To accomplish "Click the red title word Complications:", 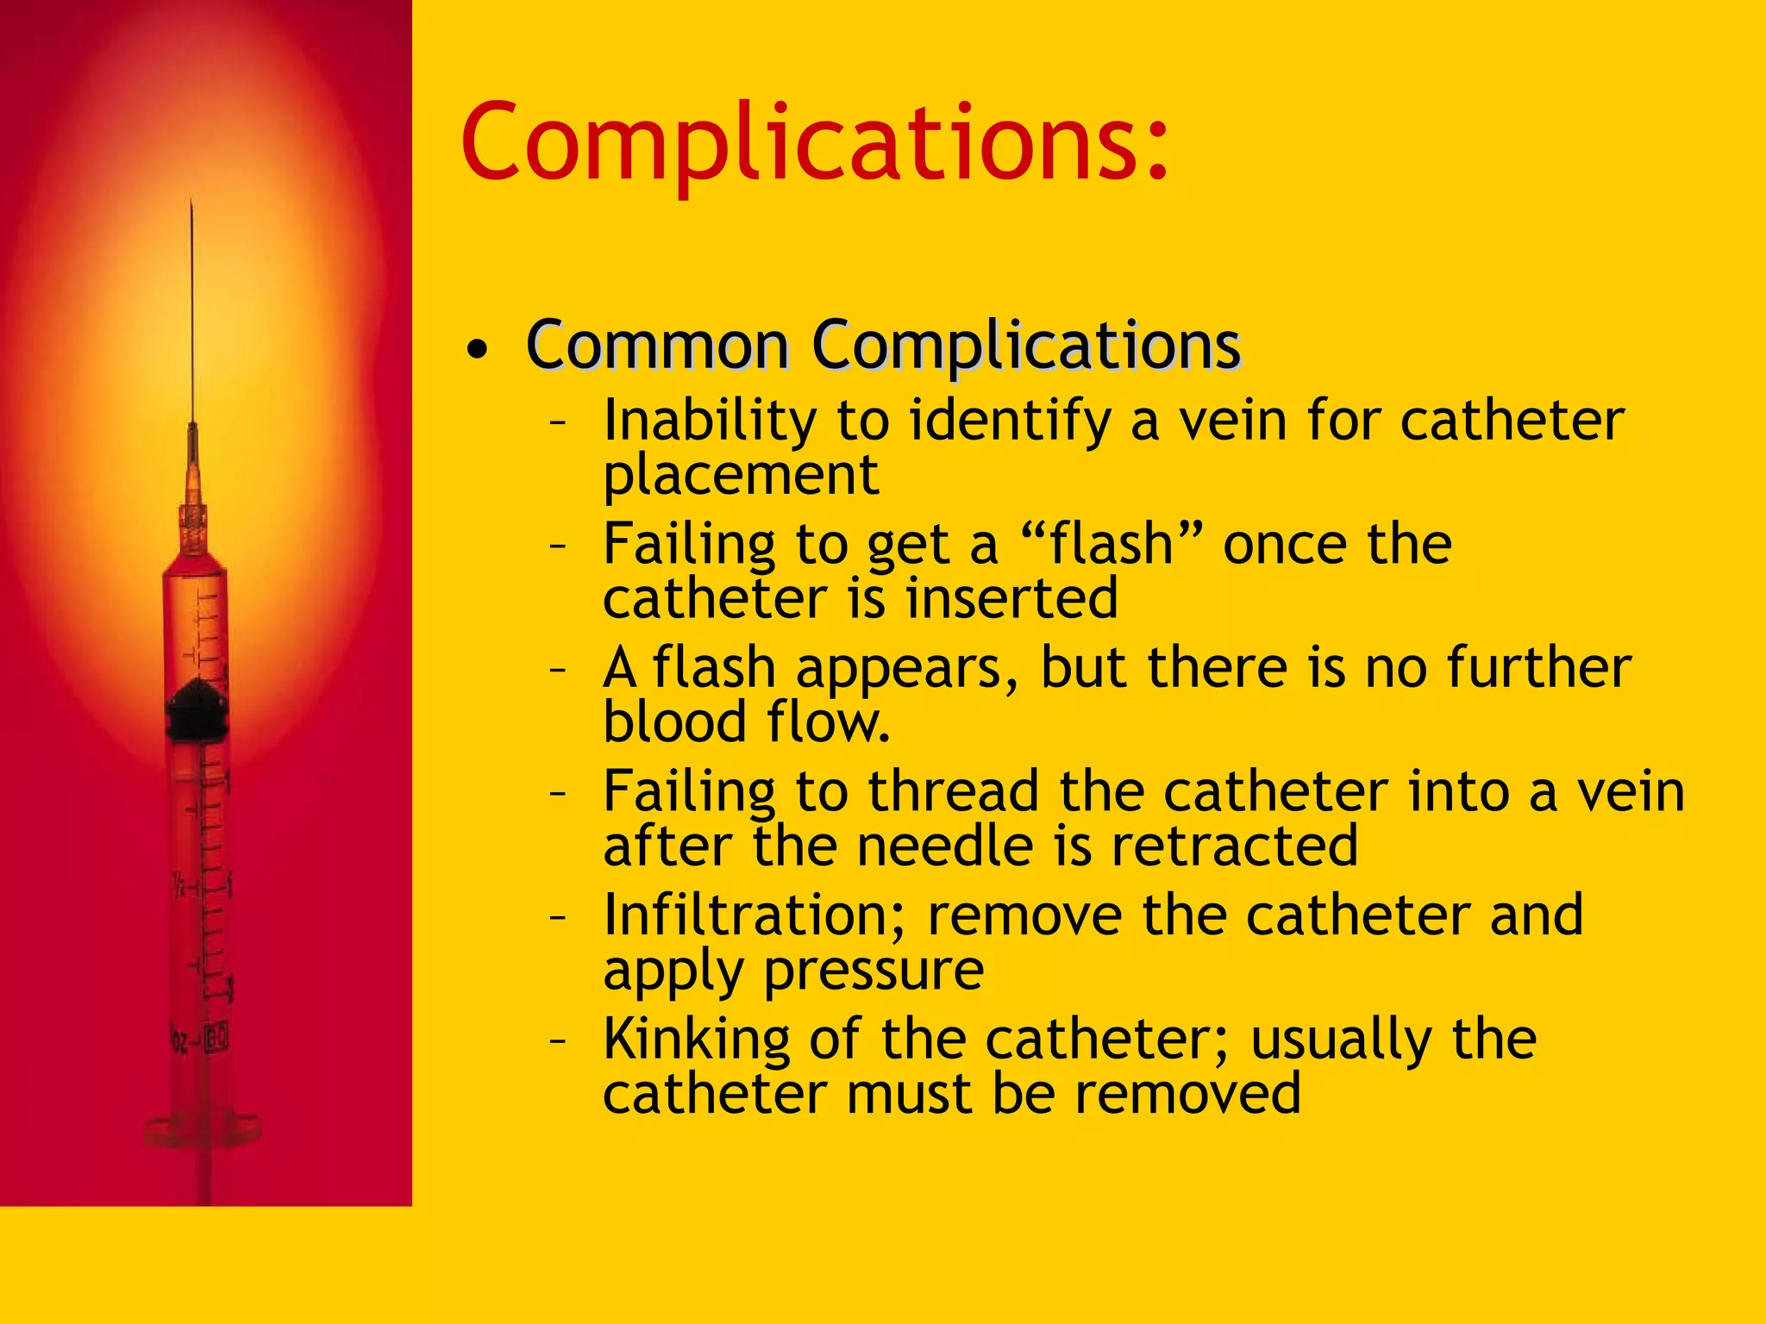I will pos(815,143).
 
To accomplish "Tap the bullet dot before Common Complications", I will pos(477,349).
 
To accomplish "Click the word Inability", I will pos(710,422).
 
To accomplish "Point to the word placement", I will pos(741,475).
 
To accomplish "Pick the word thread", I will pos(953,791).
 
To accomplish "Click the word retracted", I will pos(1234,846).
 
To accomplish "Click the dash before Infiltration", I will pos(558,915).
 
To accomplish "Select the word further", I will pos(1538,668).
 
